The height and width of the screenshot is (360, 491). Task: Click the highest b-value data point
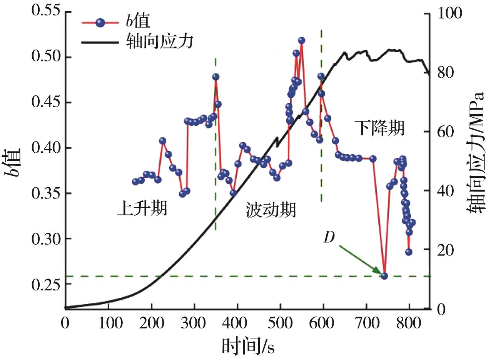point(302,40)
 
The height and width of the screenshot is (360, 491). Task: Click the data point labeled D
point(384,276)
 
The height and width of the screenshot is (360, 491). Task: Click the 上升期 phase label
point(142,210)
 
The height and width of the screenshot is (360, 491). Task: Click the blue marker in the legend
point(100,22)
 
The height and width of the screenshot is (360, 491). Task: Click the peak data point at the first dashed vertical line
point(215,77)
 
